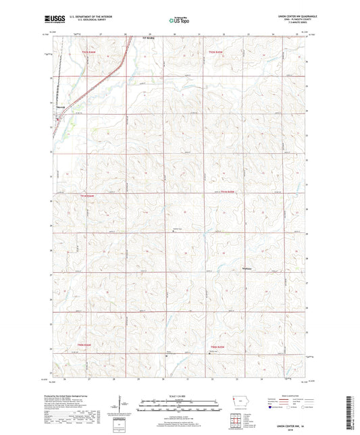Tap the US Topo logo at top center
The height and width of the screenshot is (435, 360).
179,20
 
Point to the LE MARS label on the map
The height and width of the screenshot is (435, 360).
149,38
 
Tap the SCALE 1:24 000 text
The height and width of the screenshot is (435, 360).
179,397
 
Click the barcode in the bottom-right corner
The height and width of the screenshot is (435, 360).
352,412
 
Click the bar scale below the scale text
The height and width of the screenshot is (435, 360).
179,407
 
